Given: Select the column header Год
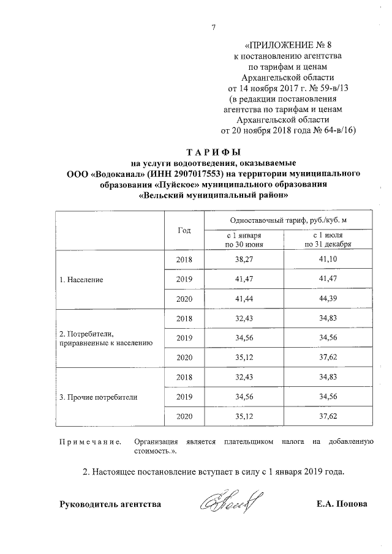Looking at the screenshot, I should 184,230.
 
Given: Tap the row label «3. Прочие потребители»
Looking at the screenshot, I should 98,397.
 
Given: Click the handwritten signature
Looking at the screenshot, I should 230,503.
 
